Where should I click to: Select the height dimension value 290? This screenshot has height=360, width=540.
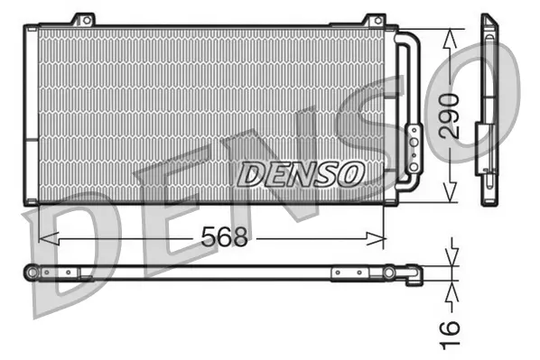tap(449, 115)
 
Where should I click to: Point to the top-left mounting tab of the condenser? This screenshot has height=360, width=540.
tap(83, 20)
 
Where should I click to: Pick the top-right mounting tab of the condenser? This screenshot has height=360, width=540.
tap(373, 20)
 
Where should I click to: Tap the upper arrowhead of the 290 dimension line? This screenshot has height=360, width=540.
tap(449, 32)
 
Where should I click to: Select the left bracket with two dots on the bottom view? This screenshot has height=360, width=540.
tap(70, 272)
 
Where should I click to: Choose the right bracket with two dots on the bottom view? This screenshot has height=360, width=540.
tap(348, 272)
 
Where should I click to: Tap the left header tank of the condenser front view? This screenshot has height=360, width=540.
tap(32, 113)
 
